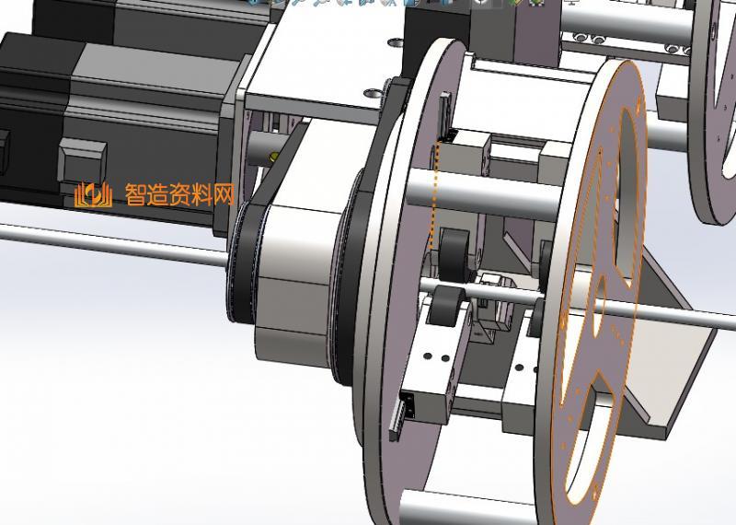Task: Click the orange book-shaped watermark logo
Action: [94, 194]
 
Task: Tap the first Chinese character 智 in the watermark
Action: [135, 194]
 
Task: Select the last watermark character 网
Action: [224, 194]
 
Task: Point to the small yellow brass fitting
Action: [273, 157]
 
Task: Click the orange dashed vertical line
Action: [434, 195]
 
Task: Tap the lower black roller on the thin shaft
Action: [446, 306]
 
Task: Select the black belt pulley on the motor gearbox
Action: [244, 263]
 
